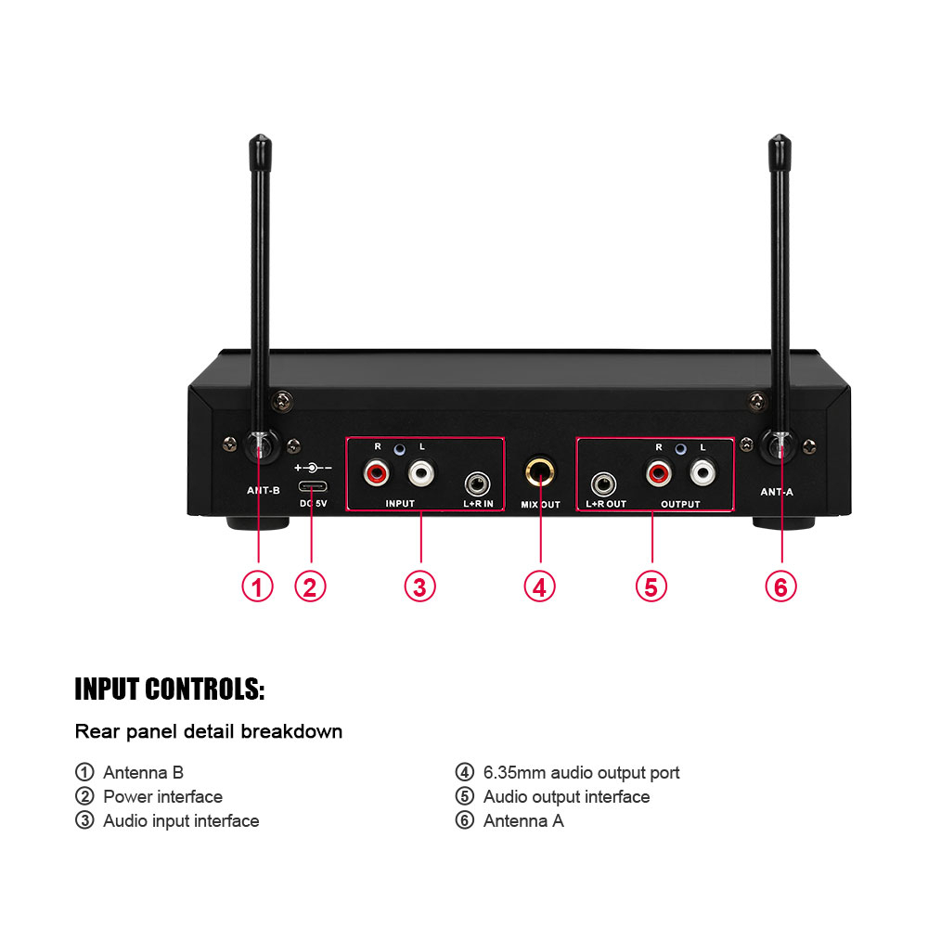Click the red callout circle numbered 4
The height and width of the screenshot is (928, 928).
539,586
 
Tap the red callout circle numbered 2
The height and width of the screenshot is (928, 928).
310,586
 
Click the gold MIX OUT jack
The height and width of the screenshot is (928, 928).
539,472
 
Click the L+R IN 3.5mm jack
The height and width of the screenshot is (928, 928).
478,483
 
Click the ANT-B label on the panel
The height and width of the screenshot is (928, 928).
264,491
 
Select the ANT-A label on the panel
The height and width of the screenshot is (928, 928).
777,492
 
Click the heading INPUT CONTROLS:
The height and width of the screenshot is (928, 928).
170,690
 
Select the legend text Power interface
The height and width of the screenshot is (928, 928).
162,796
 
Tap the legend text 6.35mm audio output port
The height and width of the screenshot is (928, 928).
581,772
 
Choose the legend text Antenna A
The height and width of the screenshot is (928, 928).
523,820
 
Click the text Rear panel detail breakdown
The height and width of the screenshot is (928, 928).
209,731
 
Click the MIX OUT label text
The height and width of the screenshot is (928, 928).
540,505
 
